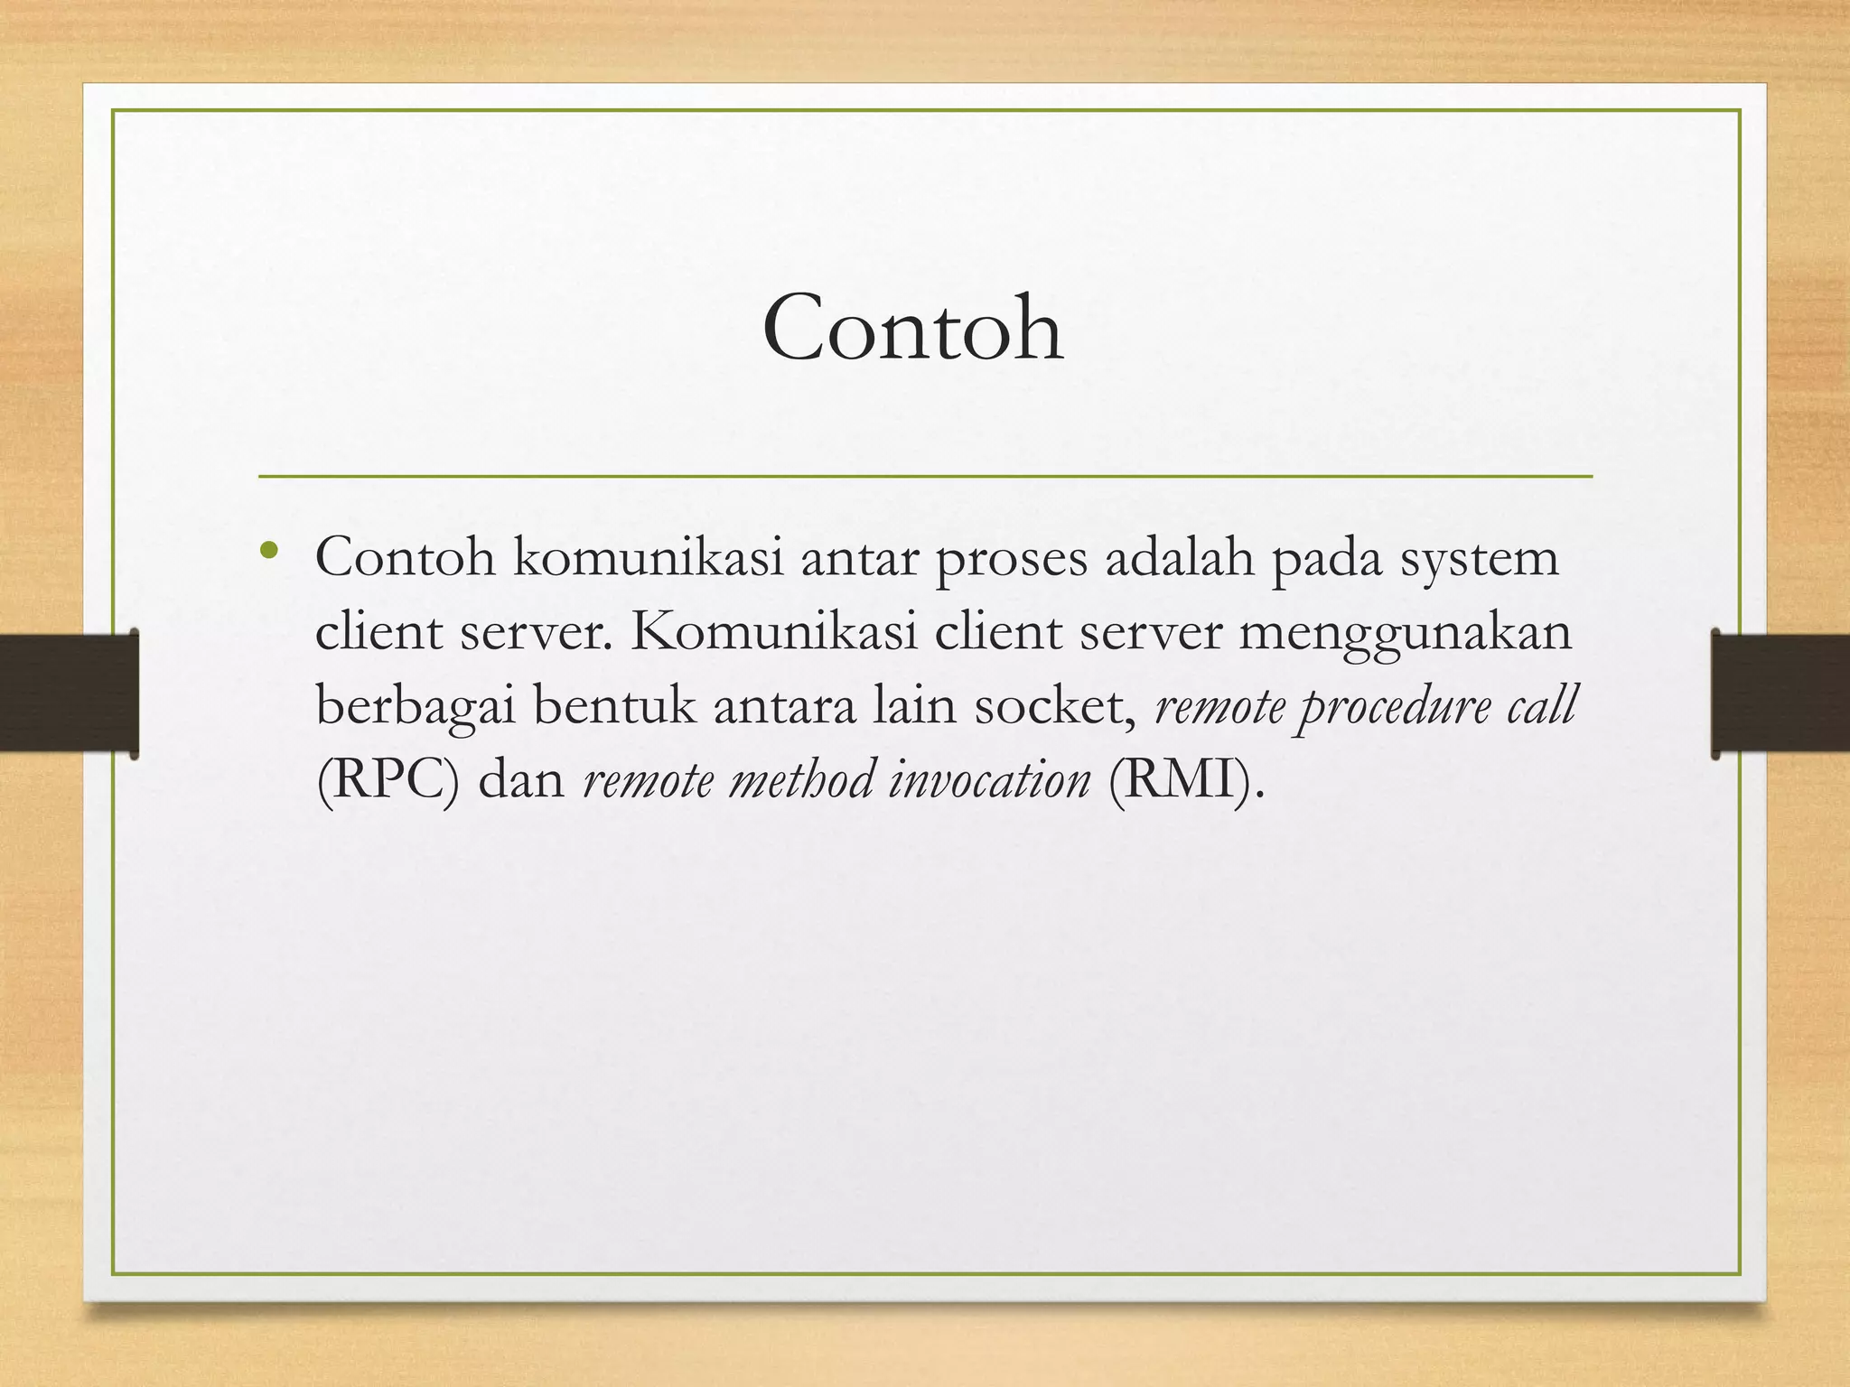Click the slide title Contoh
pos(912,329)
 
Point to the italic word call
pos(1541,706)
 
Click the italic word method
pos(800,780)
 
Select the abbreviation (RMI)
pos(1180,780)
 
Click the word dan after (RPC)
pos(521,780)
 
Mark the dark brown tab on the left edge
pos(69,693)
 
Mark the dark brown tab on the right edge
pos(1780,693)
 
